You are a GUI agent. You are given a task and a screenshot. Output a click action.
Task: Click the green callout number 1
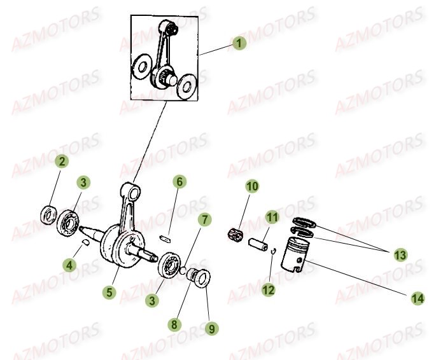[x=239, y=43]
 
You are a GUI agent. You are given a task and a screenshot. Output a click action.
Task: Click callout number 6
[x=179, y=183]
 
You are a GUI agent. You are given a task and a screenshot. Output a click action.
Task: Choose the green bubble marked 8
[x=173, y=323]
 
